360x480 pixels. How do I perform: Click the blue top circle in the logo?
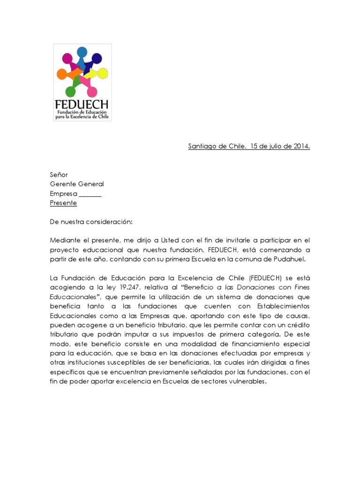click(82, 52)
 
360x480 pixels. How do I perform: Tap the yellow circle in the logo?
click(103, 73)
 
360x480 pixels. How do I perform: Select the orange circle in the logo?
click(61, 74)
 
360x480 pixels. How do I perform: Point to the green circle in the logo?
click(70, 91)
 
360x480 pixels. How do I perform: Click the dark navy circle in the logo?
click(97, 59)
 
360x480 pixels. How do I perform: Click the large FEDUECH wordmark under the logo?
click(82, 104)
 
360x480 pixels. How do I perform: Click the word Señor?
click(59, 174)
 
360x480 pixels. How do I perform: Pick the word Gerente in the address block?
click(63, 184)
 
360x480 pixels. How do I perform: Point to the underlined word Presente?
click(63, 203)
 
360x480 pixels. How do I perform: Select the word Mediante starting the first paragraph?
click(65, 240)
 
